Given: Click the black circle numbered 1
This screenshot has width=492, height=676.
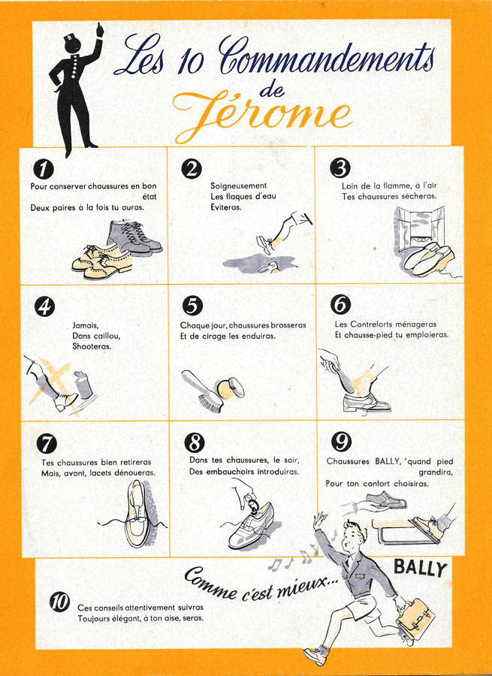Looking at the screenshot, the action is point(44,168).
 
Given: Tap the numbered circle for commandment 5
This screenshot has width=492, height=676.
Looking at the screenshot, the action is point(192,306).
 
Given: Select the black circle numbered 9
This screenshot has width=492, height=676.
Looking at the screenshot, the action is point(341,442).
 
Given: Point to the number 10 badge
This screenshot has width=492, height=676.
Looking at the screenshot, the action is point(59,602).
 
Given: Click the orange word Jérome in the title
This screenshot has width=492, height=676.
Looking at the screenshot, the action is point(262,115).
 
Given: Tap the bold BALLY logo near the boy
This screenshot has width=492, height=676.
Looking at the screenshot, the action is point(420,569).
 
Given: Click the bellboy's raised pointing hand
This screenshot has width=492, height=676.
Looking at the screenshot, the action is point(100,30).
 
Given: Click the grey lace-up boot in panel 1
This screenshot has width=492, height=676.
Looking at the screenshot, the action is point(134,237).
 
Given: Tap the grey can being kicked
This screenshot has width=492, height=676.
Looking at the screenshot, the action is point(83,385).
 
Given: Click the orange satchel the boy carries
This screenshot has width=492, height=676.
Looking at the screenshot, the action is point(415,616).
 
